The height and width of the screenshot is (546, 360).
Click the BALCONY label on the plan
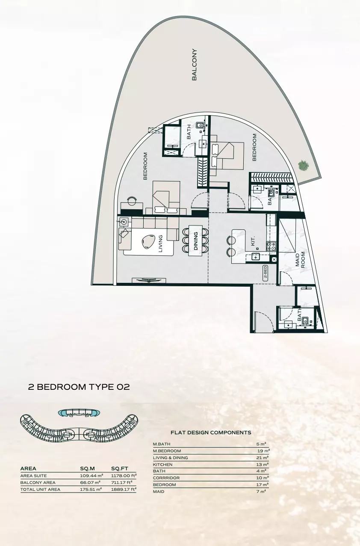[x=195, y=65]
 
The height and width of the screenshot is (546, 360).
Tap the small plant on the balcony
[x=303, y=165]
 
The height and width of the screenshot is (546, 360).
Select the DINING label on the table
[x=196, y=240]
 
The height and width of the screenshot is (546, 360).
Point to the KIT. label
[x=253, y=242]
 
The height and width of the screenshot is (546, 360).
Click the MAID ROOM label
[x=300, y=259]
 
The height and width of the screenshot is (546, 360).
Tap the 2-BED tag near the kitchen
[x=266, y=273]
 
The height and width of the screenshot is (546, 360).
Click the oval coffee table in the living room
[x=149, y=242]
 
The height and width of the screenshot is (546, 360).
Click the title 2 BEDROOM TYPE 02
[x=79, y=387]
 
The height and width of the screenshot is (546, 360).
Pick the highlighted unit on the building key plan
[x=80, y=412]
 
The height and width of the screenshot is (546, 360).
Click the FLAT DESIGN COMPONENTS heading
[x=211, y=433]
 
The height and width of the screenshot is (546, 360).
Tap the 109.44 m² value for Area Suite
[x=91, y=476]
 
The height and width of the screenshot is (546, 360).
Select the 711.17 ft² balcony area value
[x=124, y=483]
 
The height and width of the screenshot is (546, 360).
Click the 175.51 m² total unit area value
[x=91, y=490]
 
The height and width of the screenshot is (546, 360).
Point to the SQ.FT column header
[x=119, y=469]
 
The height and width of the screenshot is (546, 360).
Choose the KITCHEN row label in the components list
[x=163, y=465]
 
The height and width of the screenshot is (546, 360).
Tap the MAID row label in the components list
[x=159, y=492]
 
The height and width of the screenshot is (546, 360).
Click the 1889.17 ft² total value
[x=124, y=490]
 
